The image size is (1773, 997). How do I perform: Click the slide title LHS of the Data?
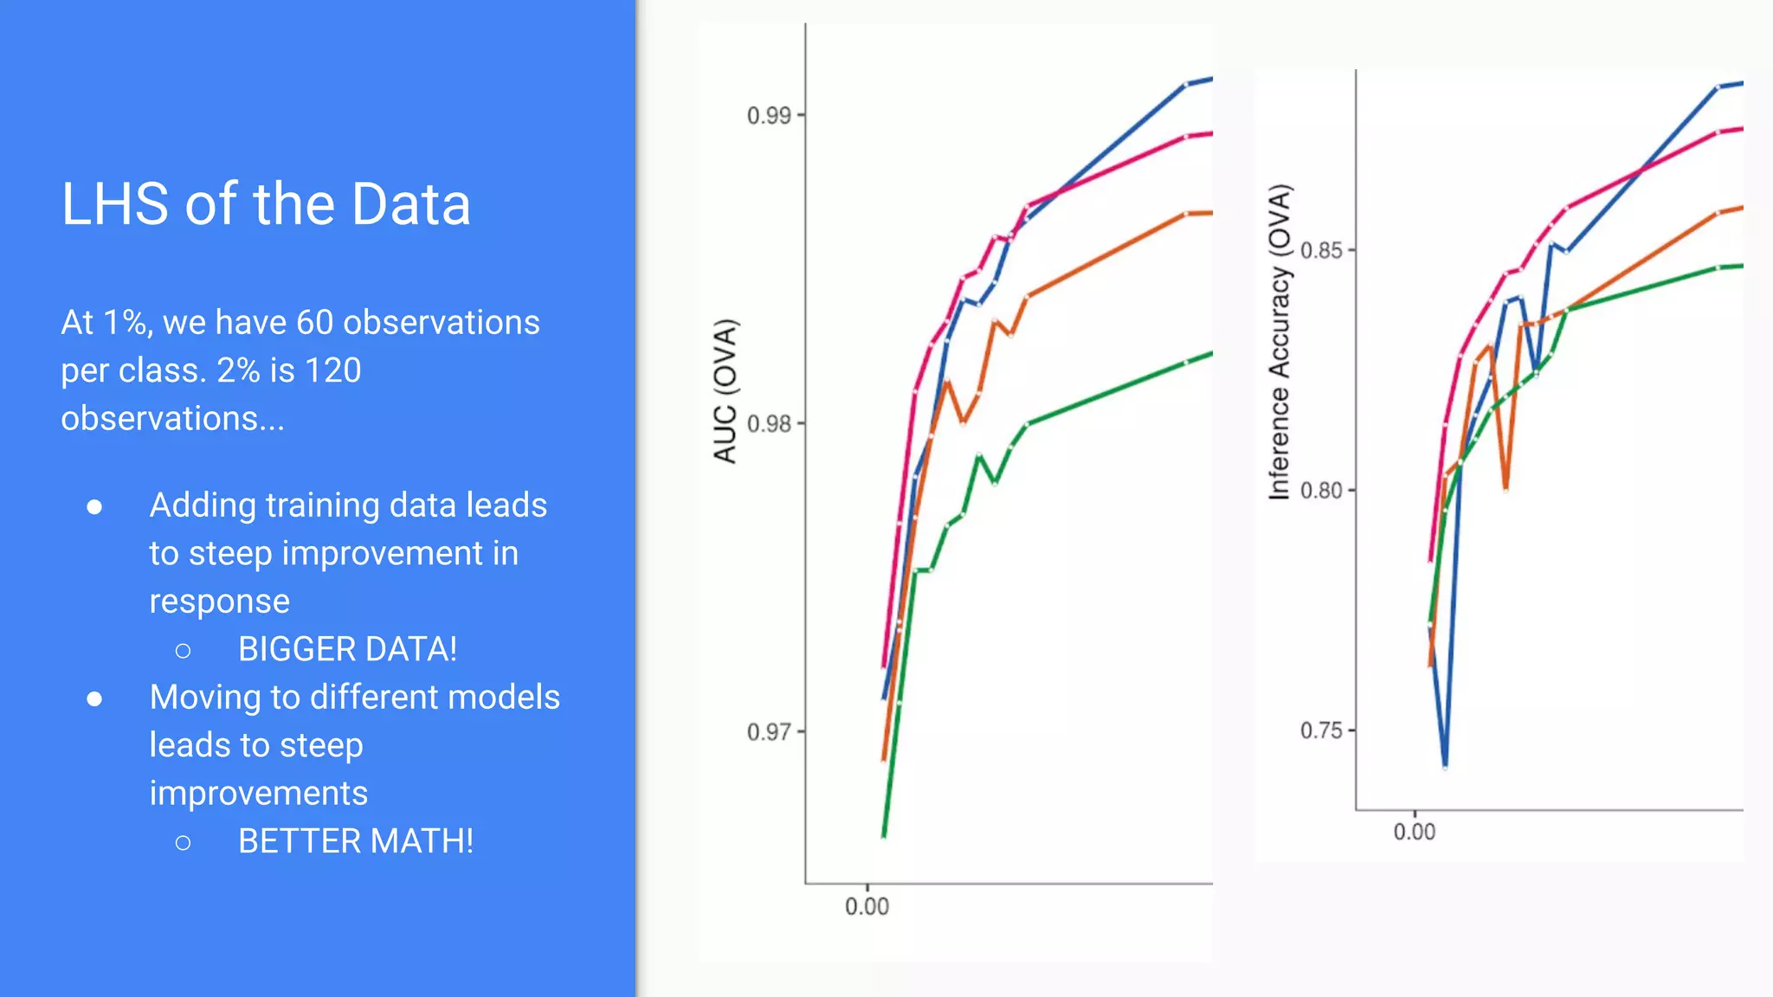(x=266, y=205)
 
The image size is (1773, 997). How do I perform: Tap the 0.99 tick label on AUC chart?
(x=769, y=115)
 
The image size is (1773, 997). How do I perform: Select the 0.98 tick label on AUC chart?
(x=769, y=424)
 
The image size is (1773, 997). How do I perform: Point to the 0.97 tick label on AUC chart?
(x=769, y=732)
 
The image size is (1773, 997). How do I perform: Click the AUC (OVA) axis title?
(x=725, y=391)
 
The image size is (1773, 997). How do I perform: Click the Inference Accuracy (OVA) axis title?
(x=1280, y=342)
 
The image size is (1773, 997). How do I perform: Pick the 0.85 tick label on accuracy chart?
(x=1321, y=251)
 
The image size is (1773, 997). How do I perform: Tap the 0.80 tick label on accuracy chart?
(x=1321, y=491)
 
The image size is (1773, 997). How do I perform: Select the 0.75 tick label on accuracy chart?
(x=1321, y=730)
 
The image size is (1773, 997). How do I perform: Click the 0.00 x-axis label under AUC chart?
(x=867, y=906)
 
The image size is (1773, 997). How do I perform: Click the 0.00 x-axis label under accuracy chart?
(x=1414, y=832)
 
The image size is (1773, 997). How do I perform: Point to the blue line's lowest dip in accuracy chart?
(x=1445, y=765)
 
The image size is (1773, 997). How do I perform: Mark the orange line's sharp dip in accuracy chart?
(x=1506, y=489)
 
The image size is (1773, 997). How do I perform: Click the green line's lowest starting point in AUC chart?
(x=884, y=835)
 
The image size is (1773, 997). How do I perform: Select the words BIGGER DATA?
(x=347, y=649)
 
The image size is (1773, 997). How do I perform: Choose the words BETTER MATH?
(x=356, y=841)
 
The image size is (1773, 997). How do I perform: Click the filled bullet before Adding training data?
(x=95, y=506)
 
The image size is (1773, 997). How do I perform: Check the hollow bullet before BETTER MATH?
(x=183, y=842)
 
